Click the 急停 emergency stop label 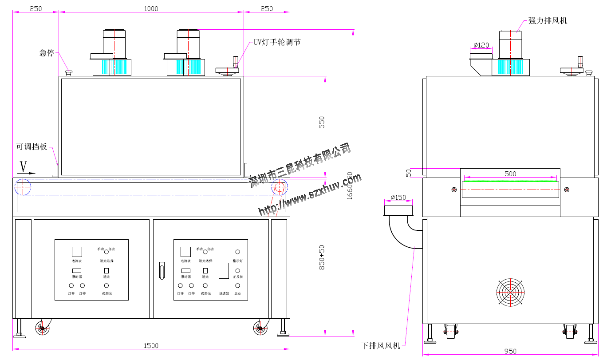47,53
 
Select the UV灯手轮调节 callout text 277,42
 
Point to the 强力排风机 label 548,21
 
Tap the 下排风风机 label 381,345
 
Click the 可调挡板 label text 32,146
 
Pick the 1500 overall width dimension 151,345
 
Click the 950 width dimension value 510,351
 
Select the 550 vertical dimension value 322,123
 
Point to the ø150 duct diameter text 398,198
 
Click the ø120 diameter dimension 481,45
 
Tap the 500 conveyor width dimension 510,174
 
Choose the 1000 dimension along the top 151,8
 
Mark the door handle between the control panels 162,270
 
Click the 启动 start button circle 237,286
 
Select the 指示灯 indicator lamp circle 237,252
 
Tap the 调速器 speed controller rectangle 224,271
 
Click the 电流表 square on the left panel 77,252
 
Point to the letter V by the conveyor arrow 24,166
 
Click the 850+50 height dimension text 322,257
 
